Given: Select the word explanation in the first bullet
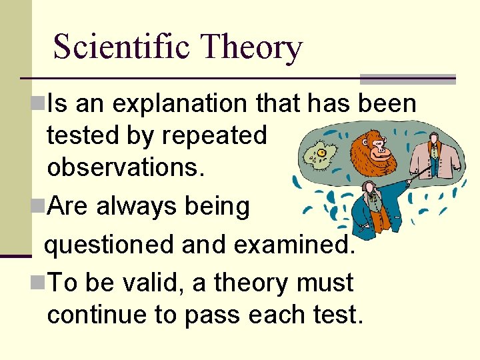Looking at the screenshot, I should [176, 103].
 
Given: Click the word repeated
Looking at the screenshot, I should [214, 136].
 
